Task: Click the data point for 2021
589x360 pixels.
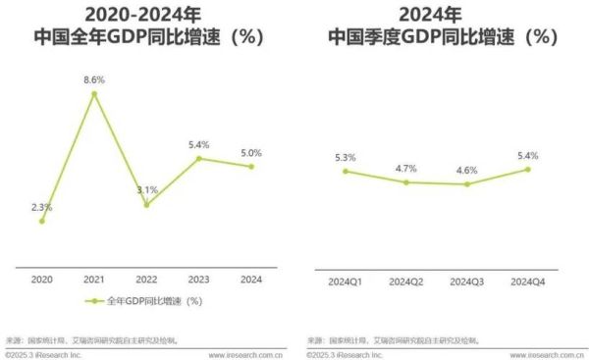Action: point(94,94)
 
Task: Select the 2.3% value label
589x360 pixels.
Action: point(41,206)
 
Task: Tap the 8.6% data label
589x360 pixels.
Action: point(94,78)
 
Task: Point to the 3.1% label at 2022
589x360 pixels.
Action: point(147,189)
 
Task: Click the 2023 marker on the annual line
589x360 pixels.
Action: point(199,159)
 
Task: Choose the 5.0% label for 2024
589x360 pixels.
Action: point(251,152)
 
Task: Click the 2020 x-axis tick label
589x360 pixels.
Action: point(41,281)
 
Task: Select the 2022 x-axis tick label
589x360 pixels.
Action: point(147,281)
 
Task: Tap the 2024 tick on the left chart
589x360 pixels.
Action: point(251,281)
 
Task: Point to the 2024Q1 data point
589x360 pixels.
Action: point(346,172)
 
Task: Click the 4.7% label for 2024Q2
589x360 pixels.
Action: point(406,168)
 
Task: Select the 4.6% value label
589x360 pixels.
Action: point(467,170)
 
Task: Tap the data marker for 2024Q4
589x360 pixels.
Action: point(528,169)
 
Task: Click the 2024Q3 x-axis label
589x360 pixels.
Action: point(467,281)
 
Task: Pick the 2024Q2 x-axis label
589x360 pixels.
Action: point(406,281)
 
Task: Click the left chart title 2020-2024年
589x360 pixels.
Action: point(144,15)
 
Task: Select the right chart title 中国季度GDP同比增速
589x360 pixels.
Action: point(442,38)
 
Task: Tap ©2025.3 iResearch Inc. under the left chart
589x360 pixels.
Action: point(44,354)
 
